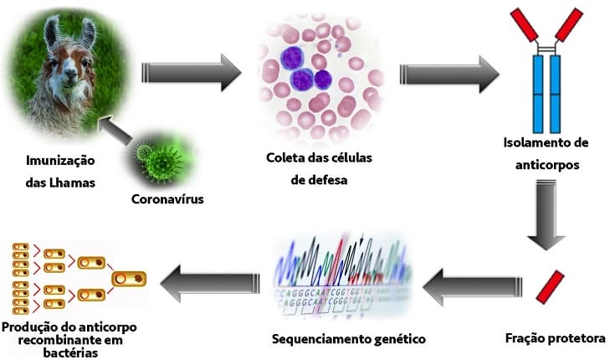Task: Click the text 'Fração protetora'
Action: click(x=554, y=339)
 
